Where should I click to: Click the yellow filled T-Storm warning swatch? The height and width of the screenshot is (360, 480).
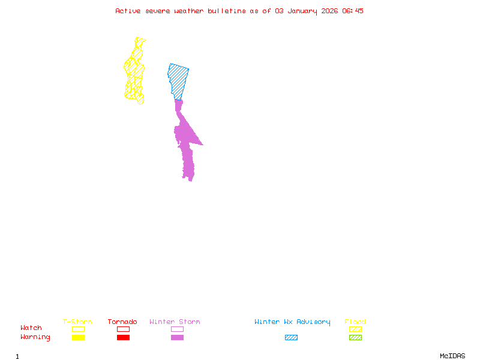click(x=78, y=337)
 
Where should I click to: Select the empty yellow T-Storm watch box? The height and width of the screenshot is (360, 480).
click(x=78, y=329)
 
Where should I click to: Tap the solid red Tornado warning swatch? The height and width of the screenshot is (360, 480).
click(x=123, y=337)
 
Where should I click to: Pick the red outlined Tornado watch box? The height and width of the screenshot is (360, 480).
click(x=123, y=329)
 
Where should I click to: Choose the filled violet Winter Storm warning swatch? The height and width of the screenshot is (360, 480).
click(x=177, y=337)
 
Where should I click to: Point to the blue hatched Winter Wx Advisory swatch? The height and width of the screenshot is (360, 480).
click(x=291, y=337)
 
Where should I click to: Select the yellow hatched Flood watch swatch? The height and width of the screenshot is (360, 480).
click(x=355, y=329)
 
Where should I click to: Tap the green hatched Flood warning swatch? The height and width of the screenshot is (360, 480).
click(x=355, y=337)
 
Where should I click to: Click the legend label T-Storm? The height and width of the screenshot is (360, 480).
click(x=77, y=322)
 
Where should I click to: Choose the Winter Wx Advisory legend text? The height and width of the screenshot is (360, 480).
click(x=292, y=322)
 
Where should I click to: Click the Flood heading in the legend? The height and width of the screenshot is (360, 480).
click(x=355, y=322)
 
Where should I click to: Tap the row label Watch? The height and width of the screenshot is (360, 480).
click(x=31, y=328)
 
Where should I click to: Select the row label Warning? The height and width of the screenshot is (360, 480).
click(x=35, y=337)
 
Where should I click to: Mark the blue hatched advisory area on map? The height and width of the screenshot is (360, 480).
click(x=178, y=78)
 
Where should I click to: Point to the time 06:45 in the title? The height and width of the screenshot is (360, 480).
click(x=353, y=11)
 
